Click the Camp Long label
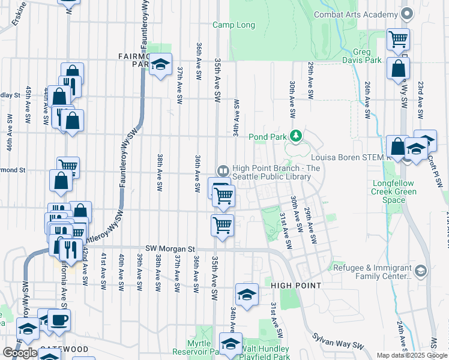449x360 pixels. click(234, 25)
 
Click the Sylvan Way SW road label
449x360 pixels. click(342, 343)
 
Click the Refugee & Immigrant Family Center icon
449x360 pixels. click(420, 271)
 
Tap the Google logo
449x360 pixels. click(20, 353)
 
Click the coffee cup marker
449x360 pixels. click(59, 320)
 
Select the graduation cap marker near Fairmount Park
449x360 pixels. click(160, 64)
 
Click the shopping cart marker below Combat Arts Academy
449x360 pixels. click(398, 40)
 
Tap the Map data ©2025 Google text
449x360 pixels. click(412, 355)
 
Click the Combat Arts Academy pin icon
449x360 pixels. click(407, 13)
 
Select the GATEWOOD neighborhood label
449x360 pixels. click(64, 349)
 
